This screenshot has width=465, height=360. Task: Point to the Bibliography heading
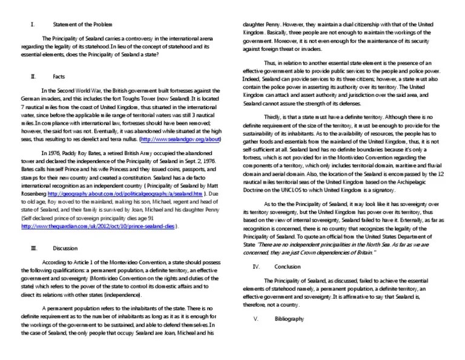pos(289,319)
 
